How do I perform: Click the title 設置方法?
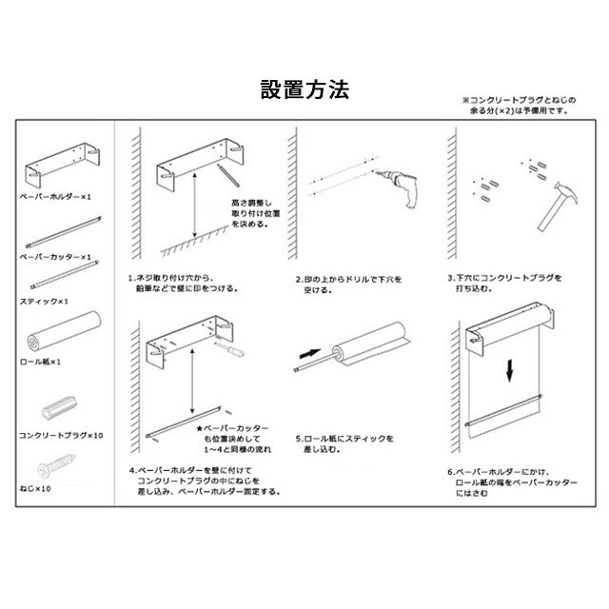coord(304,90)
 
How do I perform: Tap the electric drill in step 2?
coord(401,186)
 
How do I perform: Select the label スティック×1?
coord(45,301)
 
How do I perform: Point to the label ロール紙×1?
coord(42,362)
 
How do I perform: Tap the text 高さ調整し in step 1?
coord(251,203)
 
